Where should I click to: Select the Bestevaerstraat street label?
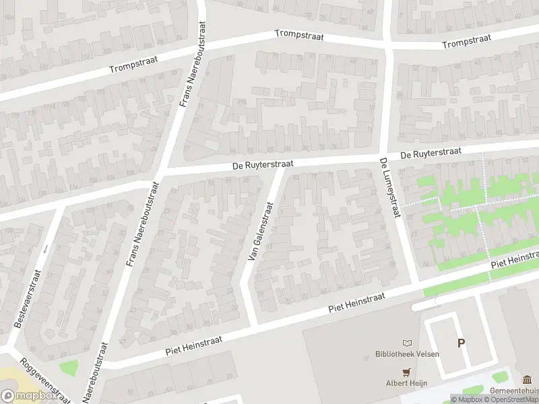[28, 298]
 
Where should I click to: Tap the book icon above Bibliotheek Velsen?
[406, 343]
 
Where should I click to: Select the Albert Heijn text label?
[406, 383]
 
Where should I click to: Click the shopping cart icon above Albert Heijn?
[406, 372]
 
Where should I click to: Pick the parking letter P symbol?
[461, 343]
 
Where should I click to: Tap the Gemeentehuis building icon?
[527, 378]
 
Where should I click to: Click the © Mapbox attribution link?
[466, 399]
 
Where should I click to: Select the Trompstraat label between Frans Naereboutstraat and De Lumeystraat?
[300, 35]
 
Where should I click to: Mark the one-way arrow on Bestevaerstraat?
[46, 249]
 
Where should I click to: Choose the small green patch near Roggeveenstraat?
[68, 368]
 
